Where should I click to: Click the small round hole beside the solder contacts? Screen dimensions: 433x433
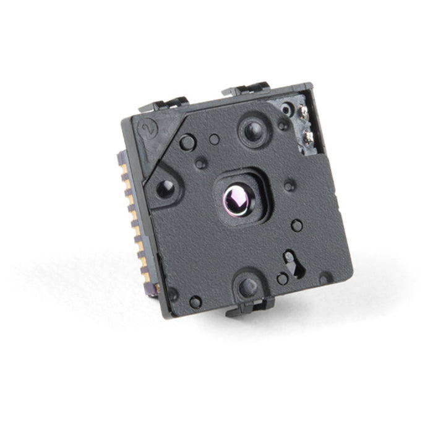tap(285, 109)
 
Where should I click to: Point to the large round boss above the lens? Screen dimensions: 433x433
tap(253, 131)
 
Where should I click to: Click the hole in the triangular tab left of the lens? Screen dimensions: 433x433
tap(165, 189)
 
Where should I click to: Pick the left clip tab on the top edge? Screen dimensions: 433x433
tap(164, 103)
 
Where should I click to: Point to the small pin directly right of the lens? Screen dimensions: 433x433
tap(289, 185)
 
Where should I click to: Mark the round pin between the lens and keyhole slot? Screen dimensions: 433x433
tap(297, 226)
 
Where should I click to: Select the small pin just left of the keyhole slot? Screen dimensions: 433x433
tap(282, 279)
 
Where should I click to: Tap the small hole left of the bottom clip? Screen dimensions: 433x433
tap(195, 302)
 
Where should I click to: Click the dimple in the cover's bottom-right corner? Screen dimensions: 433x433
tap(324, 279)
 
